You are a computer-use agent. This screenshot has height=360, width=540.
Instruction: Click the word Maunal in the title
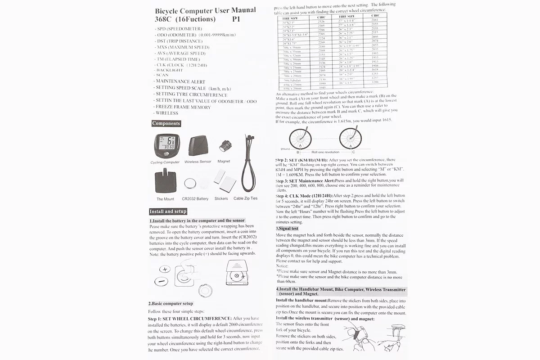tap(237, 10)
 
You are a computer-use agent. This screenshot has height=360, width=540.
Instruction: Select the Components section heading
tap(166, 123)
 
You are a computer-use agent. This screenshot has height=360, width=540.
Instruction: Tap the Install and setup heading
tap(168, 211)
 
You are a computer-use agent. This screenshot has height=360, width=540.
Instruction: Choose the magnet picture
tap(224, 146)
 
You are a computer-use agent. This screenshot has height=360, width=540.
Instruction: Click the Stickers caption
tap(221, 198)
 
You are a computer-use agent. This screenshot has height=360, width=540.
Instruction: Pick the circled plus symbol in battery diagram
tap(165, 270)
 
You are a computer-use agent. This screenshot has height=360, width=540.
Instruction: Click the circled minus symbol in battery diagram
tap(161, 282)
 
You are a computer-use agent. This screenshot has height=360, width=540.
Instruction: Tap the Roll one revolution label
tap(325, 152)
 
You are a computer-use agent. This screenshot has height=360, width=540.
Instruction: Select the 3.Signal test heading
tap(287, 229)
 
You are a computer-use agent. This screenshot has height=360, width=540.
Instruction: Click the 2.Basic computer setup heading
tap(171, 303)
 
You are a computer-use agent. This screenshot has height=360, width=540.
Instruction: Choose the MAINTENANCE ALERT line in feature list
tap(180, 82)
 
